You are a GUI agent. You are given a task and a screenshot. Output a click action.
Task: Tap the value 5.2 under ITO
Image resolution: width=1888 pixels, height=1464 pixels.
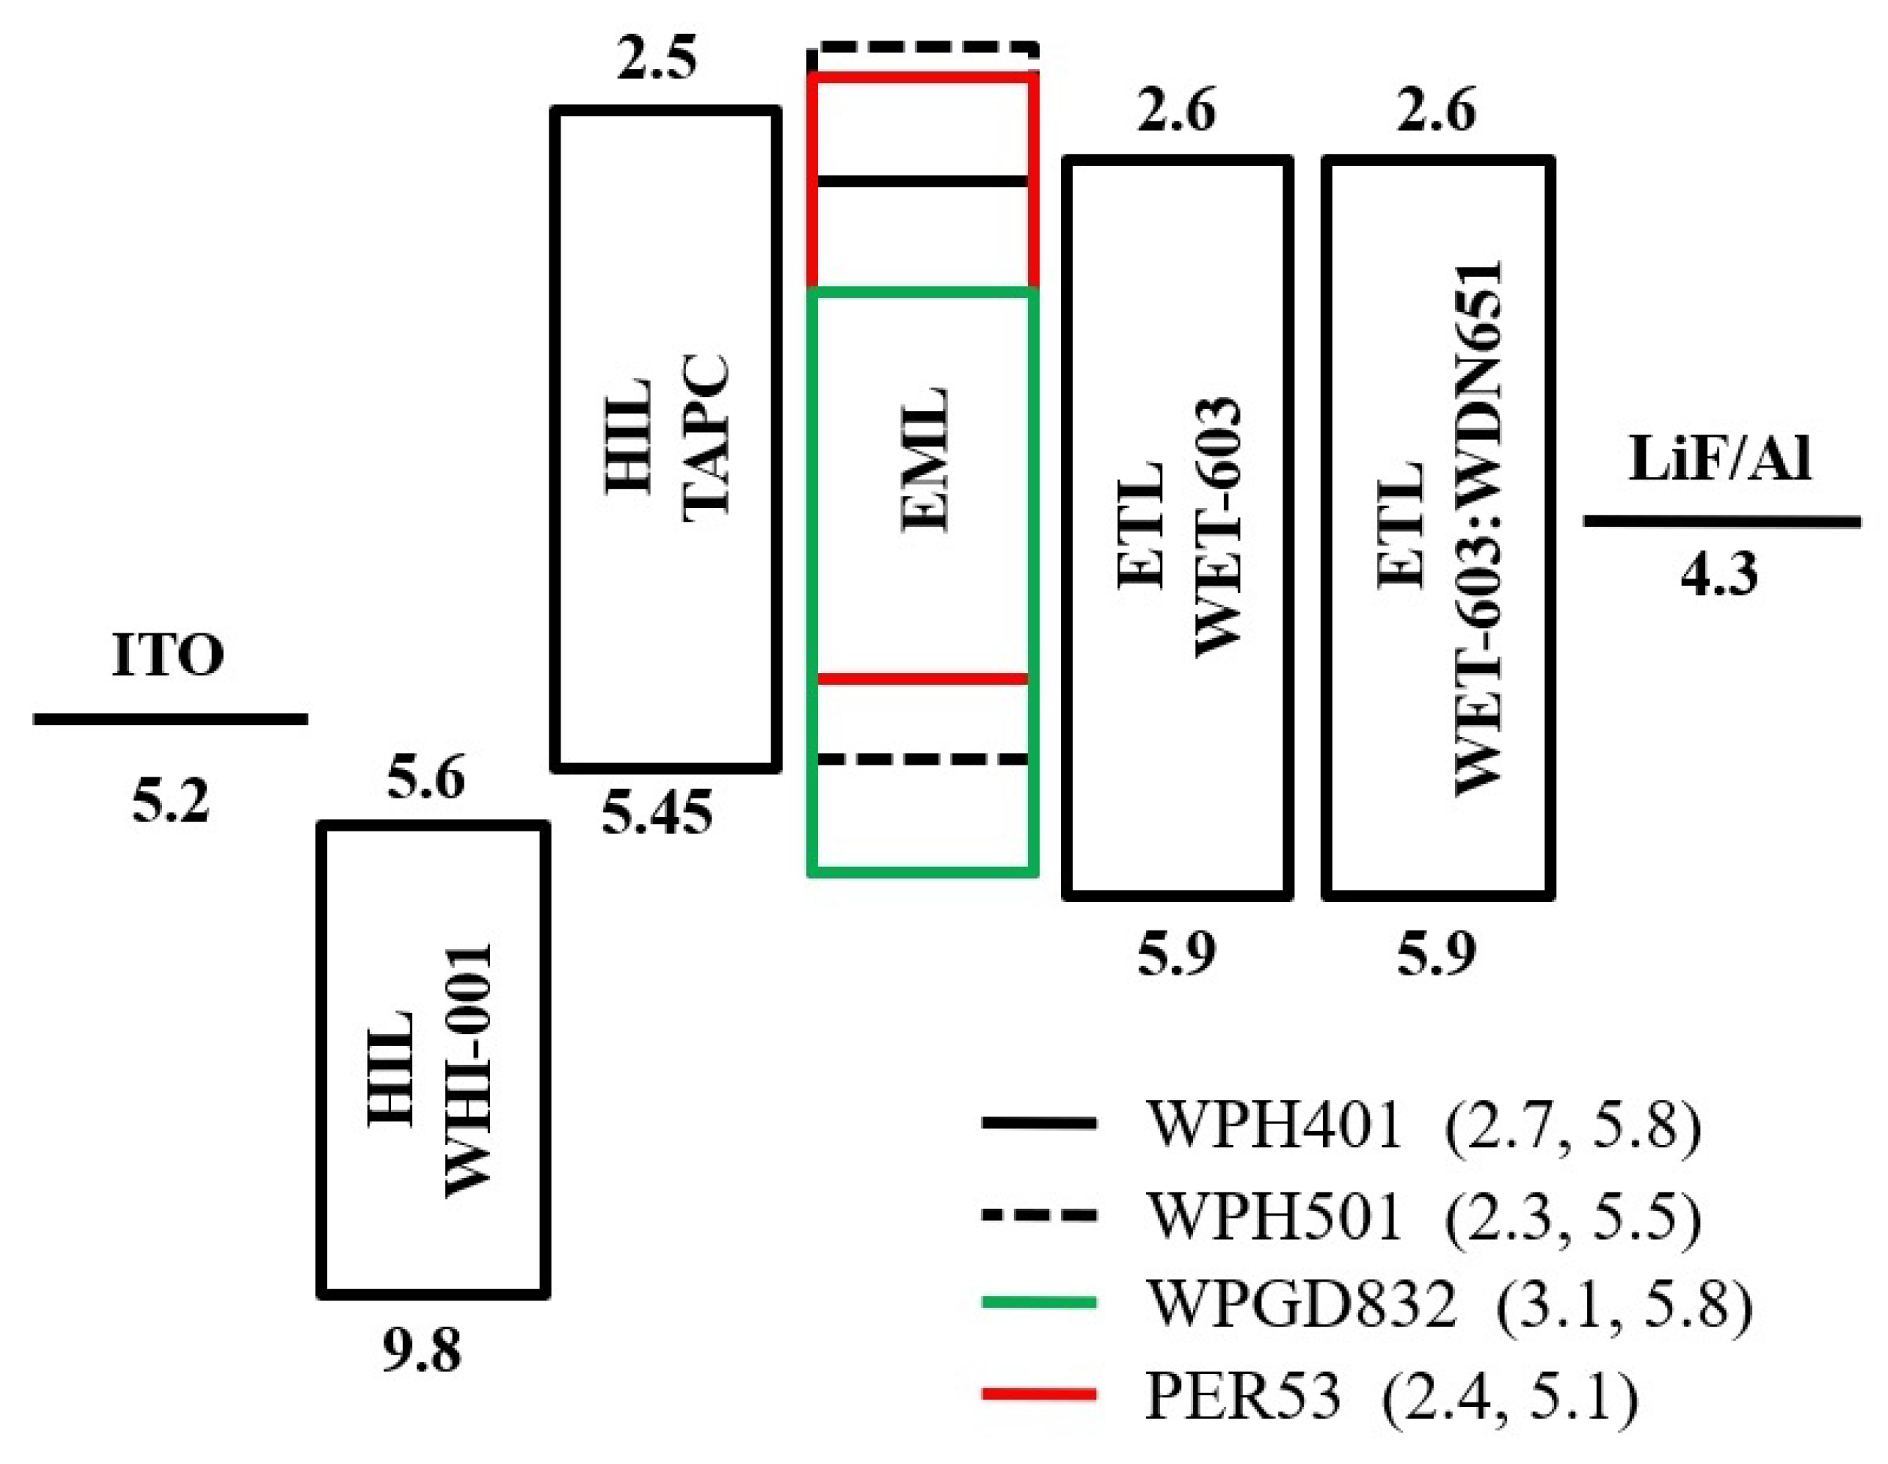[170, 801]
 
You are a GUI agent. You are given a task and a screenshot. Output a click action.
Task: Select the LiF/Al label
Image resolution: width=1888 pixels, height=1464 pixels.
[1719, 459]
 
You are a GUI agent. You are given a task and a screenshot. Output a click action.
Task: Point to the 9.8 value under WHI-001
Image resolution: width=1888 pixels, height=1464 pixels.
[422, 1351]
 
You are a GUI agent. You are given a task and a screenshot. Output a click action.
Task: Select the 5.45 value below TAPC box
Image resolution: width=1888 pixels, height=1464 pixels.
[657, 813]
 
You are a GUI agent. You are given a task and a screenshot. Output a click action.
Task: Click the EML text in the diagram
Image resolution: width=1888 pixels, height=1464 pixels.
[923, 460]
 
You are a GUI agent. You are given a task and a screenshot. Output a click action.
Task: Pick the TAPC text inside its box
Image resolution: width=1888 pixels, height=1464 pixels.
[706, 437]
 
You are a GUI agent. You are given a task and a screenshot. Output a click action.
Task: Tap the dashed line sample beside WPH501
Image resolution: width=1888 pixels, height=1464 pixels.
[1039, 1215]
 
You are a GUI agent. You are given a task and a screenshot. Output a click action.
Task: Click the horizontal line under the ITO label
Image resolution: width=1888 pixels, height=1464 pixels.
[170, 719]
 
